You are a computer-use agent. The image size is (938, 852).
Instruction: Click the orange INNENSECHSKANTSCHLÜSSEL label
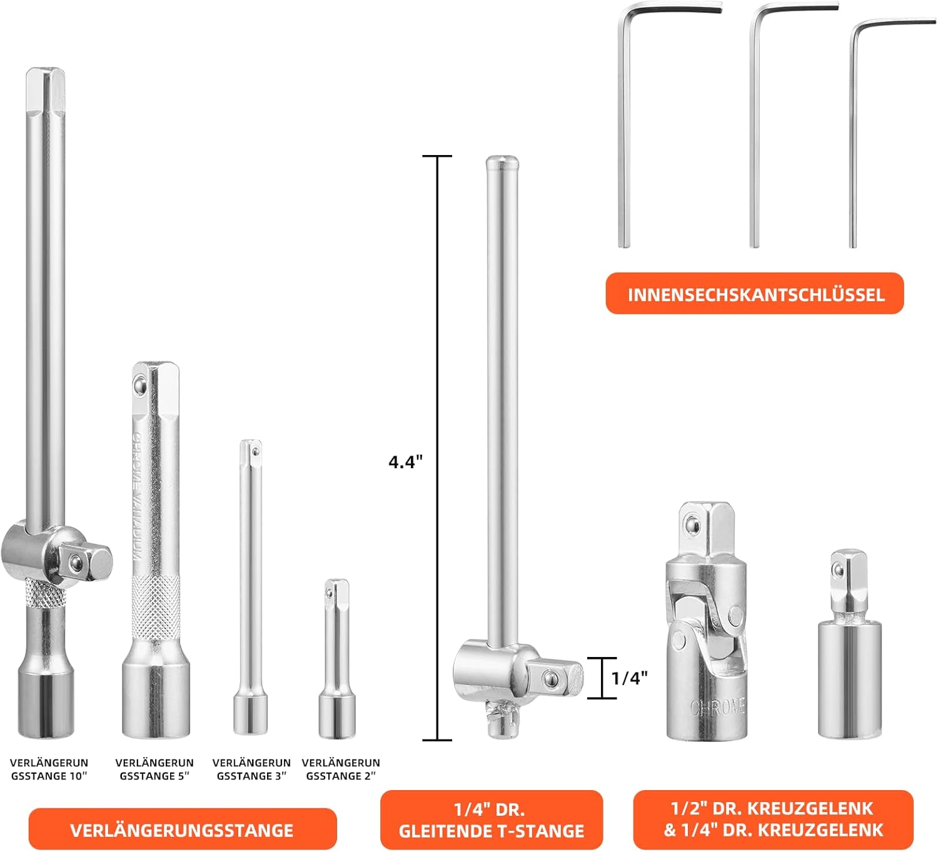pos(754,293)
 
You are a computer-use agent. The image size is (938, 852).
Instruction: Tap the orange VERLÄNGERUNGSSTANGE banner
pos(183,829)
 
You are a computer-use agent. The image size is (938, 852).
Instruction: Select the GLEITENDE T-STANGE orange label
pos(492,819)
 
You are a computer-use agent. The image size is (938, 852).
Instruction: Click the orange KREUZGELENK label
pos(773,819)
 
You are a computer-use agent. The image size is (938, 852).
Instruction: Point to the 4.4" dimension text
pos(405,462)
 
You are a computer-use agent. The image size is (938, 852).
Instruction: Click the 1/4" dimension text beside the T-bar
pos(629,678)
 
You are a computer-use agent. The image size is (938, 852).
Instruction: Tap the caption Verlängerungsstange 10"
pos(49,769)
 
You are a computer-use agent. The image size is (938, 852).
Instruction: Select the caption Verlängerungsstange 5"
pos(154,769)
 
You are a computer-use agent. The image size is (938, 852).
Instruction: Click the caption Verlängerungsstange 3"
pos(251,769)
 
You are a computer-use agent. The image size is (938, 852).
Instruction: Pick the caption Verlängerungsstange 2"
pos(341,769)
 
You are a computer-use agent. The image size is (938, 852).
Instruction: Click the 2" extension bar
pos(337,659)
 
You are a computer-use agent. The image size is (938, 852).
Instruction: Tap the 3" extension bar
pos(251,588)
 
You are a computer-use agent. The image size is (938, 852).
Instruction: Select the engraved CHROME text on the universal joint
pos(717,708)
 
